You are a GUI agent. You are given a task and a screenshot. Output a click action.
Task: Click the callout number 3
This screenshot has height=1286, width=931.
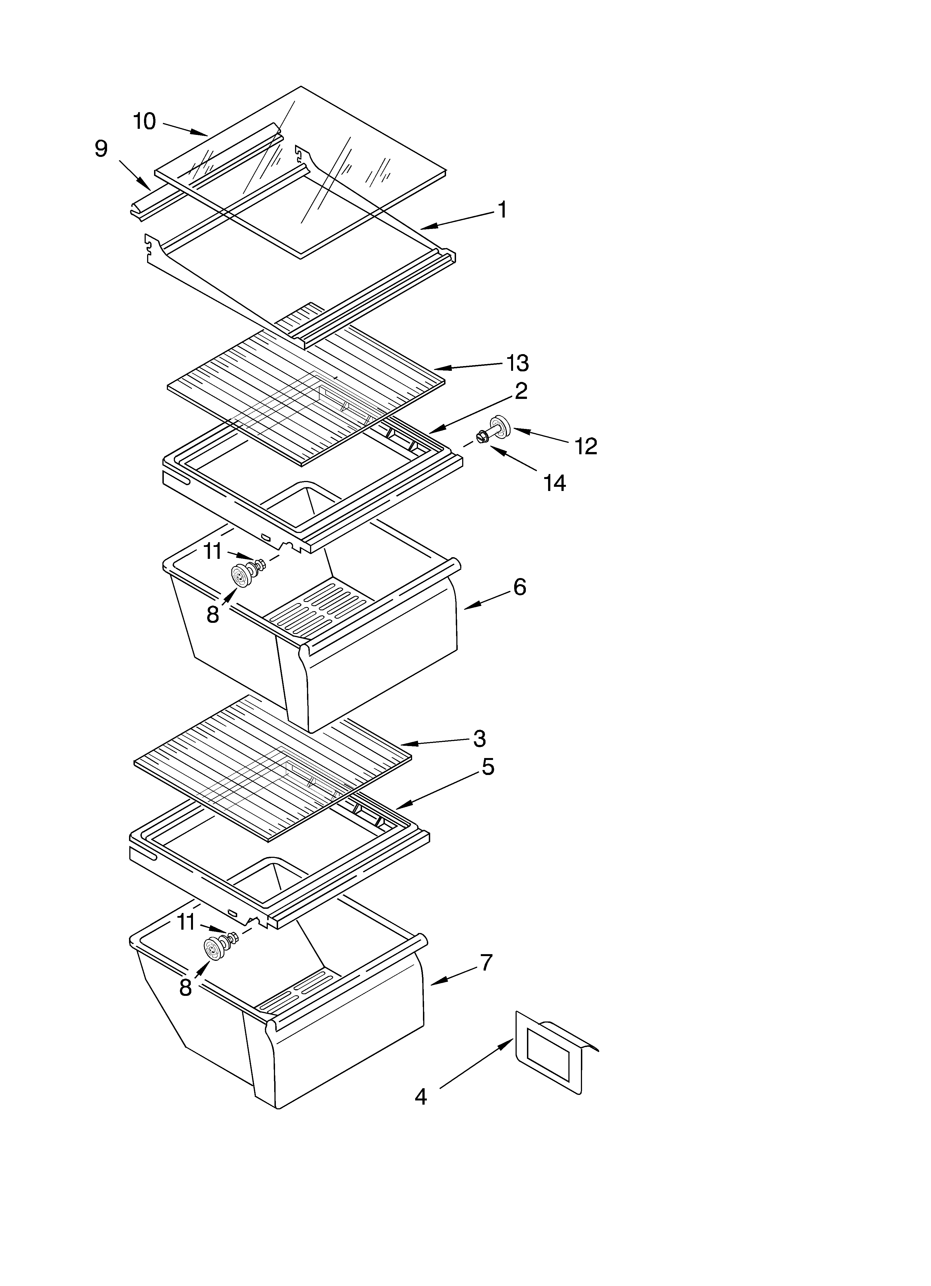click(x=479, y=738)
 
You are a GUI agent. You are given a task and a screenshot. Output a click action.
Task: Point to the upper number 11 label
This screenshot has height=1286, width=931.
click(x=213, y=551)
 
